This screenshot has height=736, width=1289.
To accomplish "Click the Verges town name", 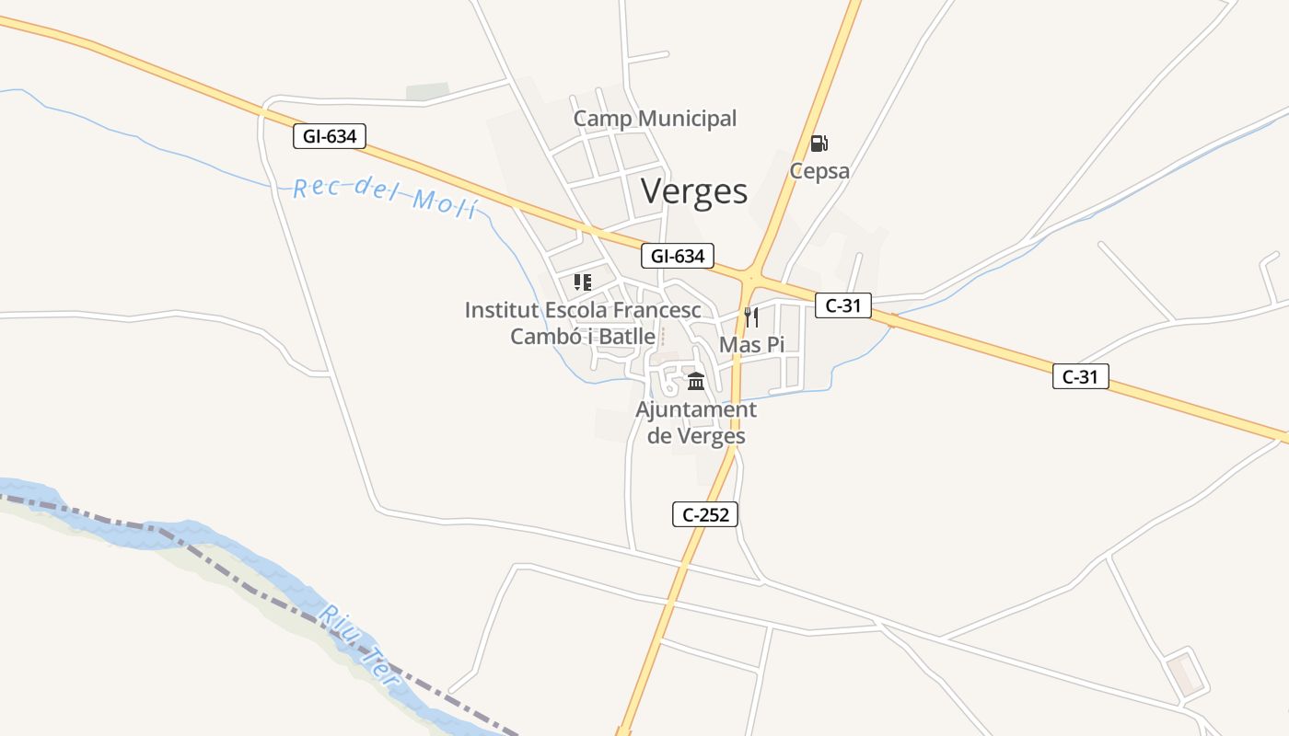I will (x=694, y=190).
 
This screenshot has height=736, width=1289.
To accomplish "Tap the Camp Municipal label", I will (x=655, y=119).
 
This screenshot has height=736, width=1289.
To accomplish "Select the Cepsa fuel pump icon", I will (x=819, y=144).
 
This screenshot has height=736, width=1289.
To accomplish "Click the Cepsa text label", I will (x=819, y=171).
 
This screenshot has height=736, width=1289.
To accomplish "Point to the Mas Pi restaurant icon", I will (x=751, y=317).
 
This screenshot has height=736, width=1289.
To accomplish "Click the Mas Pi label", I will (x=751, y=345).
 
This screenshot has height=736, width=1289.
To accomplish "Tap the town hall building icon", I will (x=696, y=381).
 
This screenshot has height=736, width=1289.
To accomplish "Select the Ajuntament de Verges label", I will (x=696, y=422).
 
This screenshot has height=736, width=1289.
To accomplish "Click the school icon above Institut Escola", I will (x=582, y=282).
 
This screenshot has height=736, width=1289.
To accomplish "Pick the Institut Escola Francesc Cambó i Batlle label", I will (x=583, y=323).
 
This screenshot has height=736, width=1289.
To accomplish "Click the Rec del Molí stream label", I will (x=385, y=196).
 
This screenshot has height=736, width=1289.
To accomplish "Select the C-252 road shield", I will (x=705, y=514).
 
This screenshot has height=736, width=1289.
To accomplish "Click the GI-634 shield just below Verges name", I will (x=678, y=256).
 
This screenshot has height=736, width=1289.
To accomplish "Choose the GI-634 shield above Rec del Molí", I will (x=330, y=136).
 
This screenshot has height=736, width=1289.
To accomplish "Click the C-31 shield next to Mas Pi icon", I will (x=842, y=305).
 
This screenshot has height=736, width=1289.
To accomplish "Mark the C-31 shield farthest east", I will (x=1081, y=375).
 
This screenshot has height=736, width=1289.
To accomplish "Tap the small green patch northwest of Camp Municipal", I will (x=428, y=92).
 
